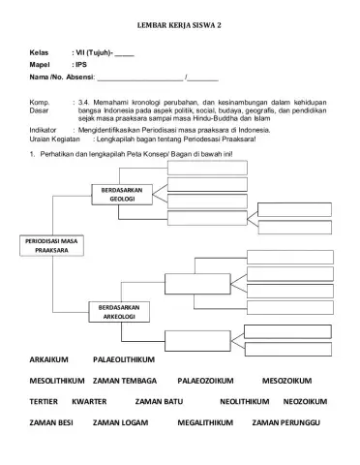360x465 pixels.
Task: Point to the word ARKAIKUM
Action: click(x=53, y=360)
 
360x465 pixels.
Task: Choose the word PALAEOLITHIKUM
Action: click(x=128, y=360)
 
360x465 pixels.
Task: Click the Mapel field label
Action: click(x=40, y=63)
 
